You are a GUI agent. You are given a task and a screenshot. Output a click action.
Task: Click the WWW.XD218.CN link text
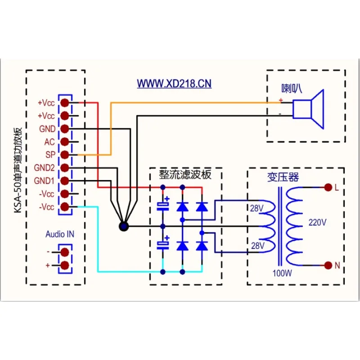tap(174, 84)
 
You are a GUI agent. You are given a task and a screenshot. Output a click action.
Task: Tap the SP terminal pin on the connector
tap(65, 155)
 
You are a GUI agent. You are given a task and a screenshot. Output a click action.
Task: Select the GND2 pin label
tap(44, 168)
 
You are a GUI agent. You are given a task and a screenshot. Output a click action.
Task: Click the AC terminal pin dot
tap(65, 142)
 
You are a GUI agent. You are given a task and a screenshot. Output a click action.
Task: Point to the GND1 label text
tap(44, 181)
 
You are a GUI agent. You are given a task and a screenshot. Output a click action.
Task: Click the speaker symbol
tap(308, 109)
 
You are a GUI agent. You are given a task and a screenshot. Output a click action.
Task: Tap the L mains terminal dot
tap(328, 188)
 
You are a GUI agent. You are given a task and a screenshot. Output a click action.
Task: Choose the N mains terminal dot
tap(328, 265)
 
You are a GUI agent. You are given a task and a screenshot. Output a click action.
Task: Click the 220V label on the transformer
tap(317, 222)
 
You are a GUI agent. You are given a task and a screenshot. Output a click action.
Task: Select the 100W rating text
tap(282, 273)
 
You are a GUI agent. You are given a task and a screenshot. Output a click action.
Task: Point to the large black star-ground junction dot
tap(124, 227)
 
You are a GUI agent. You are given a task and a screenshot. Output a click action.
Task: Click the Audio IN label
tap(60, 234)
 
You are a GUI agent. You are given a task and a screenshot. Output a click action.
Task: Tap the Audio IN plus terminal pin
tap(65, 265)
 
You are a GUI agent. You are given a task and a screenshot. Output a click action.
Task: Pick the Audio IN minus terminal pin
tap(65, 252)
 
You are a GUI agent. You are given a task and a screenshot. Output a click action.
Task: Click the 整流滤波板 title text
tap(185, 175)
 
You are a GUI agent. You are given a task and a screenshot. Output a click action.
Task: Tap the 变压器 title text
tap(283, 177)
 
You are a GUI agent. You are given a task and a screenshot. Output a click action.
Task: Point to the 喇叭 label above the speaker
tap(292, 89)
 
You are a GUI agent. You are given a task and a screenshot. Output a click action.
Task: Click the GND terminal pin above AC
tap(65, 129)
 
